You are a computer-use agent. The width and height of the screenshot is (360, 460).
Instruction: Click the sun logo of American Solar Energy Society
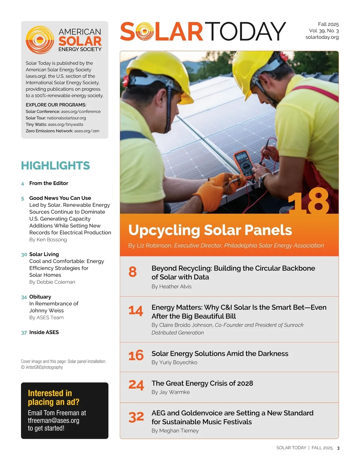pyautogui.click(x=40, y=40)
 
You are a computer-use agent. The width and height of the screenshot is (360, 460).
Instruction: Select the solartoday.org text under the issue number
pyautogui.click(x=322, y=37)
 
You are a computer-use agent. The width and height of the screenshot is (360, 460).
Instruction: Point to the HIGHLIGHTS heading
pyautogui.click(x=55, y=165)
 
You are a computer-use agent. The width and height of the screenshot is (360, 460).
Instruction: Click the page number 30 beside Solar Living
pyautogui.click(x=24, y=254)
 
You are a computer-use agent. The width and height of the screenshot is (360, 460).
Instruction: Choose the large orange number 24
pyautogui.click(x=136, y=385)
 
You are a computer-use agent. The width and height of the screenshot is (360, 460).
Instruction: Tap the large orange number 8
pyautogui.click(x=133, y=272)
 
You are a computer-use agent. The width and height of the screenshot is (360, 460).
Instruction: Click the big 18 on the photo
pyautogui.click(x=309, y=201)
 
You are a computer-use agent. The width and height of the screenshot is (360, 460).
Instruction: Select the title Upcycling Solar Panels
pyautogui.click(x=210, y=230)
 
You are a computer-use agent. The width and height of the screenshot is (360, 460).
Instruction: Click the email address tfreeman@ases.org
pyautogui.click(x=53, y=420)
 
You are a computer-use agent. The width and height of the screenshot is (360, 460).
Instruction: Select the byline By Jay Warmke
pyautogui.click(x=170, y=392)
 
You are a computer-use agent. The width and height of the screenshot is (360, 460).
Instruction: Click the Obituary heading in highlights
pyautogui.click(x=40, y=297)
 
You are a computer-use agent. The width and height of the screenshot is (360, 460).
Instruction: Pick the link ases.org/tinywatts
pyautogui.click(x=65, y=124)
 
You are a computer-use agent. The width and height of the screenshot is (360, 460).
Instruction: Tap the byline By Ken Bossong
pyautogui.click(x=48, y=239)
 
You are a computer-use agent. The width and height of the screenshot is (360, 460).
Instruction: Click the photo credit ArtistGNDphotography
pyautogui.click(x=44, y=367)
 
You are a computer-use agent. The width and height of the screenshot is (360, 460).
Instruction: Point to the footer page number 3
pyautogui.click(x=338, y=448)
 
